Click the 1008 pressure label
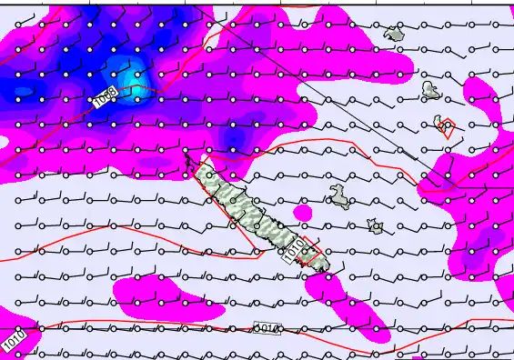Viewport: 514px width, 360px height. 106,97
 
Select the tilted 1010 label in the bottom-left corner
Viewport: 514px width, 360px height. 14,341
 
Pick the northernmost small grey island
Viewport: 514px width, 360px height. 394,34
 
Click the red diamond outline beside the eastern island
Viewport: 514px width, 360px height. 447,128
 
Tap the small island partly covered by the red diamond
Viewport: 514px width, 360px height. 443,123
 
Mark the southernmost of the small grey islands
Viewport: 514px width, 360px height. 375,225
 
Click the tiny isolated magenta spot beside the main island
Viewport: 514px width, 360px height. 303,213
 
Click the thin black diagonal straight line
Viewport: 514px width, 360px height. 318,91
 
